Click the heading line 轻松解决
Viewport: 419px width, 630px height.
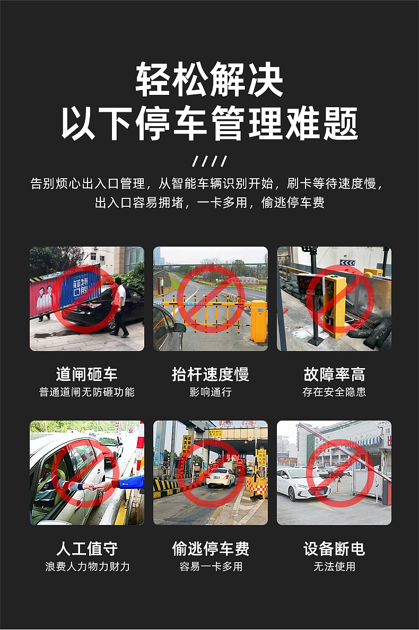point(210,80)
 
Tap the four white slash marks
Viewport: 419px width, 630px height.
point(210,161)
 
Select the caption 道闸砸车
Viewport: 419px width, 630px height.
point(86,374)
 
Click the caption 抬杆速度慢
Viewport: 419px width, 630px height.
point(210,374)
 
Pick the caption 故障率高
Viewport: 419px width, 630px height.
point(334,374)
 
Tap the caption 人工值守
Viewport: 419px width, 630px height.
point(86,548)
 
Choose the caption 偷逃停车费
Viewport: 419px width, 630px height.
point(210,548)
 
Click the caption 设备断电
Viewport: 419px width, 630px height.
point(334,548)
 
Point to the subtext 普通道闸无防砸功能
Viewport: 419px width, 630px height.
point(86,392)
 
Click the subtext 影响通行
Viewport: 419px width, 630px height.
point(210,392)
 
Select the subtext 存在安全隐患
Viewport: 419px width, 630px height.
point(334,392)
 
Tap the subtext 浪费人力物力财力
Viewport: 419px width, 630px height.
point(86,566)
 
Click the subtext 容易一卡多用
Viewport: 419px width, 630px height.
point(210,566)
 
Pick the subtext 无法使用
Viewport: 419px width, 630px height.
point(334,566)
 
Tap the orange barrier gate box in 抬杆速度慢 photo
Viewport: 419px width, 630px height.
point(258,321)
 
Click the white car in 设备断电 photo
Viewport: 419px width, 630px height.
point(302,484)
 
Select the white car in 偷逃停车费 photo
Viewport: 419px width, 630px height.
point(221,477)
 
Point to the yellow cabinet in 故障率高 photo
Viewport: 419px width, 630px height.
point(334,305)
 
